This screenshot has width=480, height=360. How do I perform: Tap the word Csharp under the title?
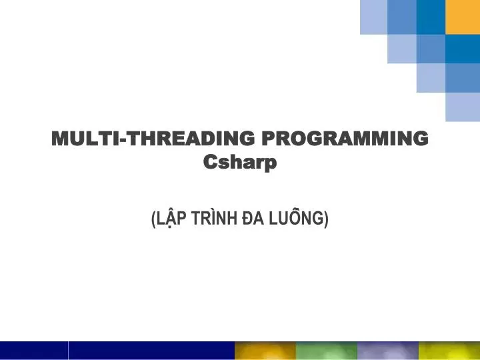[239, 161]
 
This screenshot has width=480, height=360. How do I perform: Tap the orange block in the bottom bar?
[265, 351]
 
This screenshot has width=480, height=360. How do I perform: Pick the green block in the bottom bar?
[326, 351]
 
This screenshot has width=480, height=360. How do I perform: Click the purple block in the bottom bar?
[387, 351]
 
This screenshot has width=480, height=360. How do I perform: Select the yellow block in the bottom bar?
[449, 351]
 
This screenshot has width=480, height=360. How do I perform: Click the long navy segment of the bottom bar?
[151, 351]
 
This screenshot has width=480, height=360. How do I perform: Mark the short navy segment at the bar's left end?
[33, 351]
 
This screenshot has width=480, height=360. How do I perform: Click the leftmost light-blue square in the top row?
[373, 17]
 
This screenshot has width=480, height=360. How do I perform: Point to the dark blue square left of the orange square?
[431, 17]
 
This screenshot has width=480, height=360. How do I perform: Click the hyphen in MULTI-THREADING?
[122, 139]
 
